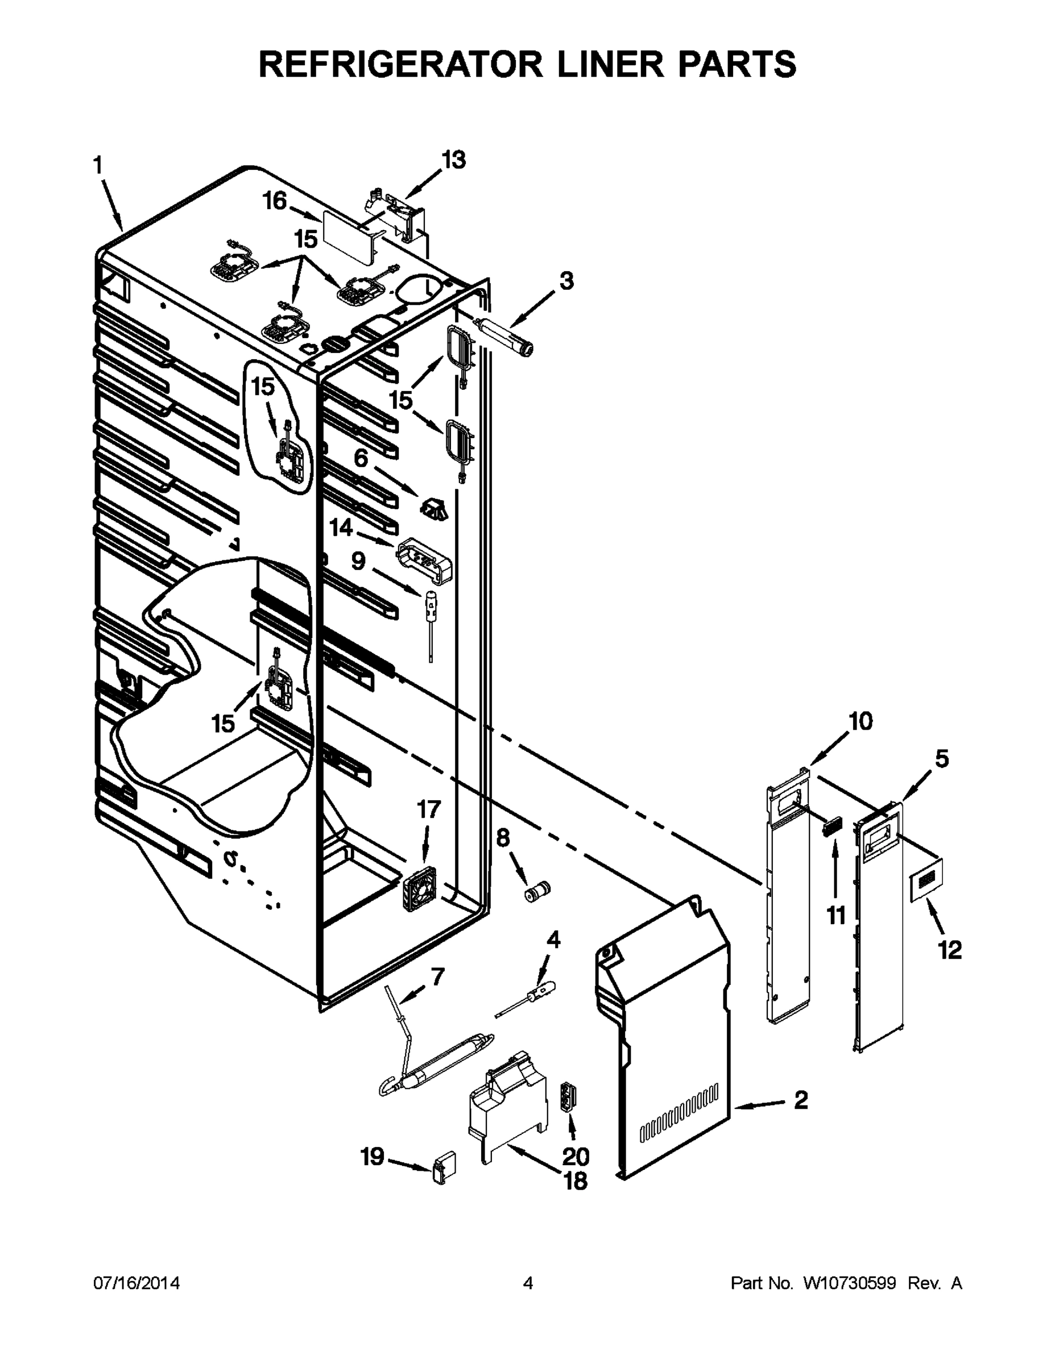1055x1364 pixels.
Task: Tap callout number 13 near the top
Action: (x=454, y=160)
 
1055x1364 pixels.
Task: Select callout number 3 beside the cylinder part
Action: (x=566, y=281)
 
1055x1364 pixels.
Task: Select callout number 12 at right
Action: (x=949, y=951)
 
